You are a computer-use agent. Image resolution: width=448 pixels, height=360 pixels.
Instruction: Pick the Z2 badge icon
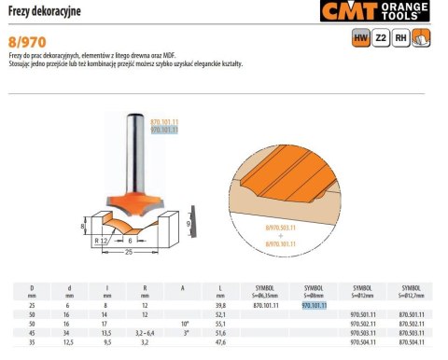point(381,38)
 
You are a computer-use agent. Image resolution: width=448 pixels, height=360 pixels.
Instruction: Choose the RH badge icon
point(401,38)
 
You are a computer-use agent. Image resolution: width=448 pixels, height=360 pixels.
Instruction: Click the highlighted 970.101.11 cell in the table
point(315,304)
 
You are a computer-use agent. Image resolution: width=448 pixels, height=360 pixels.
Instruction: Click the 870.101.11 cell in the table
point(268,304)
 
